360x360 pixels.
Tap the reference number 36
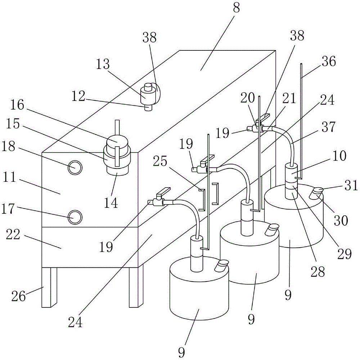[329, 61]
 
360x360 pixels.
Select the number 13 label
[103, 64]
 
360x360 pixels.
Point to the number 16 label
[17, 105]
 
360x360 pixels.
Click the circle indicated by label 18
[75, 167]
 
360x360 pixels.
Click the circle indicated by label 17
[75, 217]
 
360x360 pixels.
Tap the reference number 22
[13, 235]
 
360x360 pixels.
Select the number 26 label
[18, 296]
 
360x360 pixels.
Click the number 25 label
[160, 161]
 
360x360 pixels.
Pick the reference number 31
[351, 185]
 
